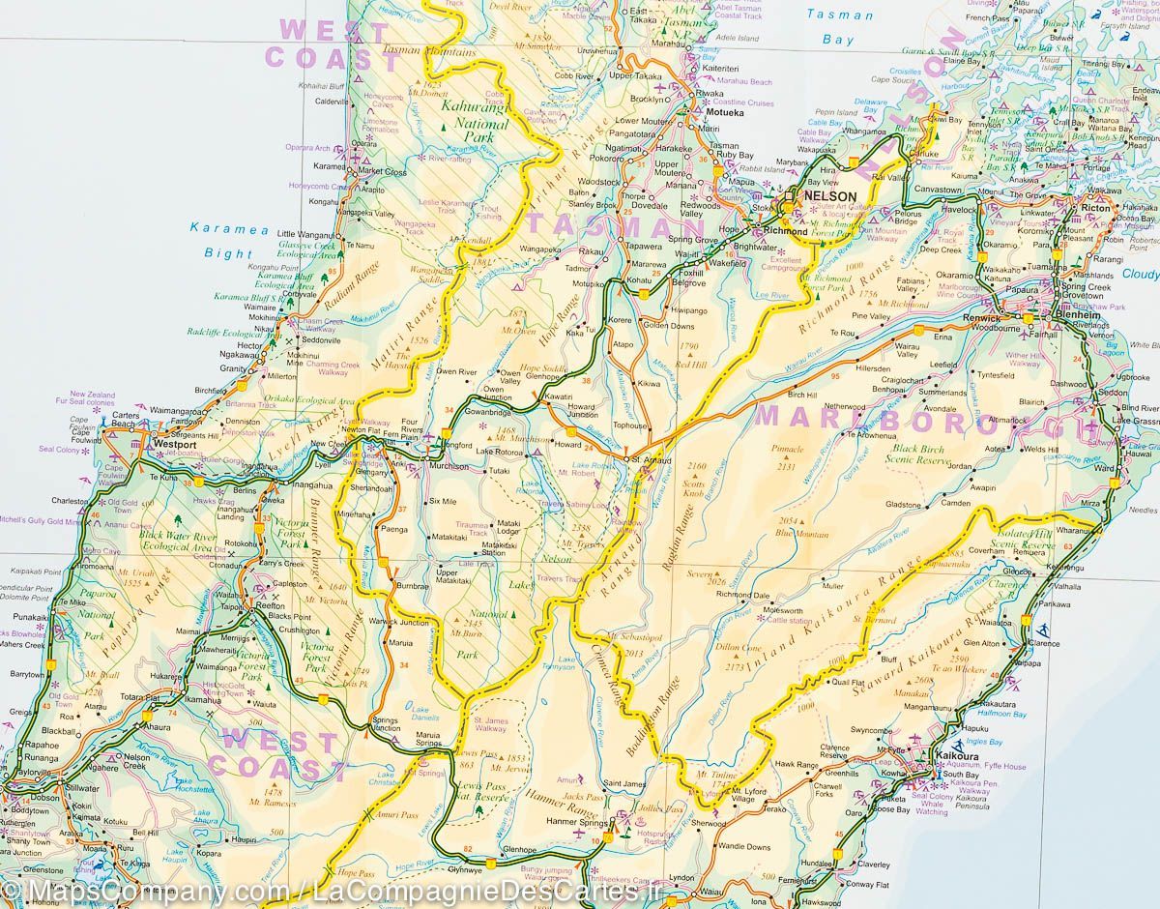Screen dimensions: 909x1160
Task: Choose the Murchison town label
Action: coord(449,466)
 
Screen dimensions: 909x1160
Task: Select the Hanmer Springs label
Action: coord(574,822)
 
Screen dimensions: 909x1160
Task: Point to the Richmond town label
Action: coord(785,232)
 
